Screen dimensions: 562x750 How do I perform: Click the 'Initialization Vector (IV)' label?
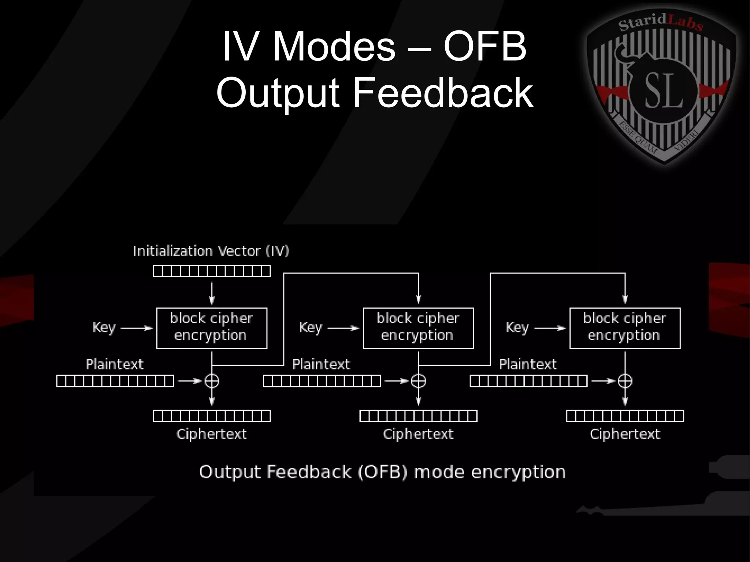coord(211,251)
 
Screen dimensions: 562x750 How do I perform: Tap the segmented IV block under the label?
coord(212,271)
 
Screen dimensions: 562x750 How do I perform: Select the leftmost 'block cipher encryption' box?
coord(212,328)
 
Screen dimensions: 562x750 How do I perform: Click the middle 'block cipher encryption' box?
coord(418,328)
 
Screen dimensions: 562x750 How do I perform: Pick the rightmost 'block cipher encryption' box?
coord(625,328)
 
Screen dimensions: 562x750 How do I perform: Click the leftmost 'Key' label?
coord(104,327)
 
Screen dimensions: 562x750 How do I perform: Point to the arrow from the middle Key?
coord(343,328)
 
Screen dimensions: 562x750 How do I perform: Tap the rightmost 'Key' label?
coord(517,327)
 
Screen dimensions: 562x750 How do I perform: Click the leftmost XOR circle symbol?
coord(212,381)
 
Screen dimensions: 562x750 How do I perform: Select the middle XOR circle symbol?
coord(418,381)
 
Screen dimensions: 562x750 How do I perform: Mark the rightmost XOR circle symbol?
coord(625,381)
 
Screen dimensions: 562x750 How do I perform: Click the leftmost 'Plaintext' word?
coord(115,364)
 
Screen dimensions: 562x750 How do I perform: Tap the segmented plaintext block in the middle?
coord(322,381)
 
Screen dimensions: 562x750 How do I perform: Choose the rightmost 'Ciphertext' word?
coord(625,434)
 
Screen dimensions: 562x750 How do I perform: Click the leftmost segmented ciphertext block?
coord(212,416)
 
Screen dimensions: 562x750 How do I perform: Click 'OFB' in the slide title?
coord(485,47)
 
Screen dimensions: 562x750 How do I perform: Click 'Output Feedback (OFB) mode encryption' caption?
coord(382,472)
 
